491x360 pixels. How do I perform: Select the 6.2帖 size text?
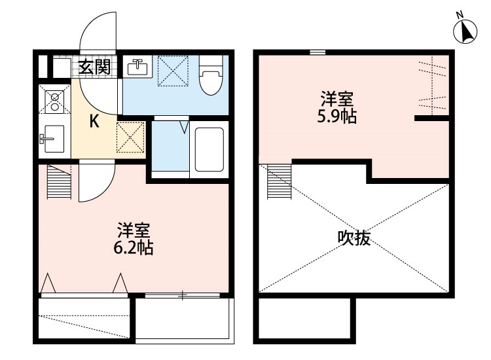[135, 249]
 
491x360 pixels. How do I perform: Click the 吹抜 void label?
[354, 238]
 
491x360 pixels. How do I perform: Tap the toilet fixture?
[210, 77]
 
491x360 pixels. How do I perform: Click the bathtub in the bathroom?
[209, 149]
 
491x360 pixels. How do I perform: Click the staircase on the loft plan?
[279, 180]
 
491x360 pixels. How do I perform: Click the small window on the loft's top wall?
[318, 52]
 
